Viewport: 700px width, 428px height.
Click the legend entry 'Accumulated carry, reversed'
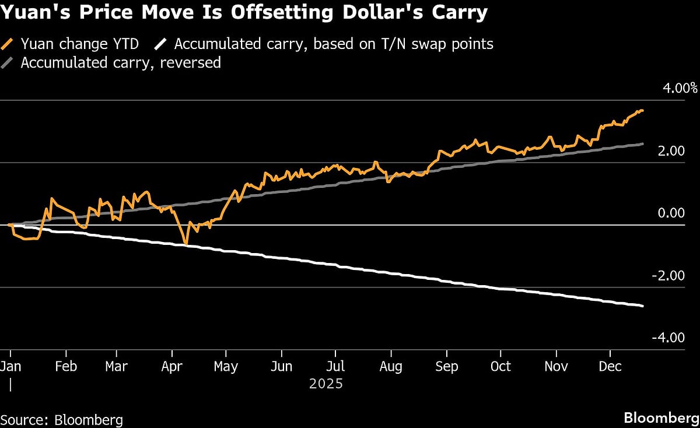tap(120, 62)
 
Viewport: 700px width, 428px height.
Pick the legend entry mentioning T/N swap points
tap(333, 44)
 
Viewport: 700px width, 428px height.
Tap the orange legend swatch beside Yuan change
tap(9, 44)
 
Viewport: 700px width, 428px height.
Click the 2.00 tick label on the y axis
tap(671, 151)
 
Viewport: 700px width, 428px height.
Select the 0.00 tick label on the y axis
tap(671, 213)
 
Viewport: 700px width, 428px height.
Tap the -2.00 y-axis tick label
tap(668, 276)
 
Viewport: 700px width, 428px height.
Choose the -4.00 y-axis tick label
tap(668, 338)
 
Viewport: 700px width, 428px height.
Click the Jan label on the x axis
tap(10, 366)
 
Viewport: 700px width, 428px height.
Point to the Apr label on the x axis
tap(171, 366)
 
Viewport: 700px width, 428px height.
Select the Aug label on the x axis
tap(390, 366)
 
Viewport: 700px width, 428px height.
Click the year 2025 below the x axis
tap(326, 384)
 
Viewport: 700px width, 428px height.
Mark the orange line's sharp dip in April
tap(185, 243)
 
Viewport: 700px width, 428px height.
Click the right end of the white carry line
tap(643, 306)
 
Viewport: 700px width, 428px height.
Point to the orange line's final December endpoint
tap(643, 111)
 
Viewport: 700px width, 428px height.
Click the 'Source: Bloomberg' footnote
tap(62, 419)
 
